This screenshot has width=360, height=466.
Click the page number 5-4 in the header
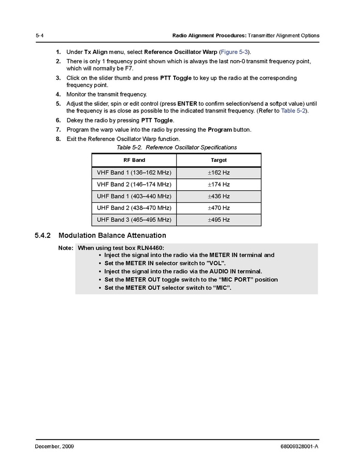(x=39, y=36)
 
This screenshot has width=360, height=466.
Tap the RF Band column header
(x=134, y=160)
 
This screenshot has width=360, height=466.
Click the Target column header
(x=219, y=160)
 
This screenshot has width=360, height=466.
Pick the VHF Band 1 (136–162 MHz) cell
(x=134, y=173)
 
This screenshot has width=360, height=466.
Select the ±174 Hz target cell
(x=219, y=185)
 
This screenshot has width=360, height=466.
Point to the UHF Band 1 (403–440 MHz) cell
(x=134, y=196)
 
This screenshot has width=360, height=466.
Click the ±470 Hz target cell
(x=219, y=208)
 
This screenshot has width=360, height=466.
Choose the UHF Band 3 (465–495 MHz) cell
(x=134, y=220)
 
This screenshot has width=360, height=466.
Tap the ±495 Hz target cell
(x=219, y=220)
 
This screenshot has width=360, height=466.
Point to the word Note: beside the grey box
(x=65, y=248)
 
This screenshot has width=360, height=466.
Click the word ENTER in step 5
(x=187, y=103)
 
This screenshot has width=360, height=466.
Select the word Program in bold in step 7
(x=220, y=130)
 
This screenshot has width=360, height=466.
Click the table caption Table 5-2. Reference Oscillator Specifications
(x=177, y=148)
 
